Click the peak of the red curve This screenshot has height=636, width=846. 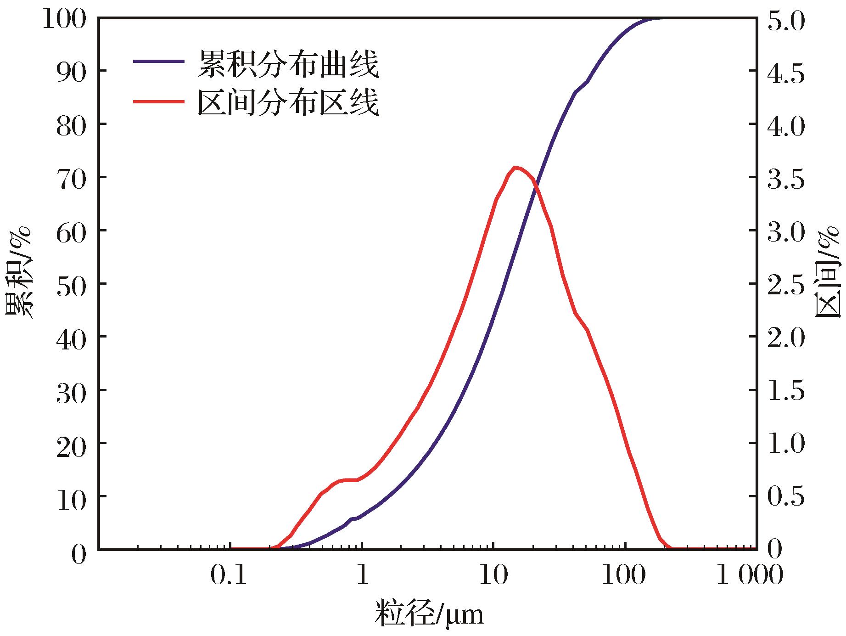pos(515,168)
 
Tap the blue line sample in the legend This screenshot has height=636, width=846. pos(158,62)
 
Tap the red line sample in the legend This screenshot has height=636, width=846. pos(158,101)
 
